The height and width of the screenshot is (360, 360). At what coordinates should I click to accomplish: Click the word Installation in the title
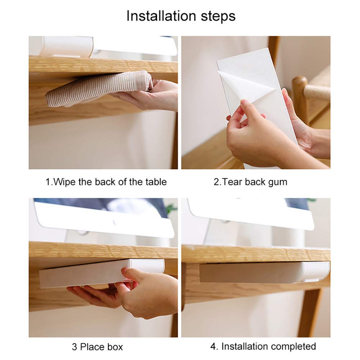[x=161, y=16]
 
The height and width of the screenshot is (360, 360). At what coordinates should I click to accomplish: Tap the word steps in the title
[x=218, y=16]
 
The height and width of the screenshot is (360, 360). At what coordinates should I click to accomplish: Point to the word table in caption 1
[x=156, y=182]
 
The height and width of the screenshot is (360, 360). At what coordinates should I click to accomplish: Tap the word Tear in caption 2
[x=232, y=182]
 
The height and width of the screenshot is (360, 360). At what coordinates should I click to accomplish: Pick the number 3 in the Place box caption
[x=75, y=347]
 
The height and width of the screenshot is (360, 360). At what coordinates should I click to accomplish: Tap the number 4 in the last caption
[x=213, y=346]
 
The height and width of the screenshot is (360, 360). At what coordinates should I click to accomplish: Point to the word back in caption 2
[x=255, y=182]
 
